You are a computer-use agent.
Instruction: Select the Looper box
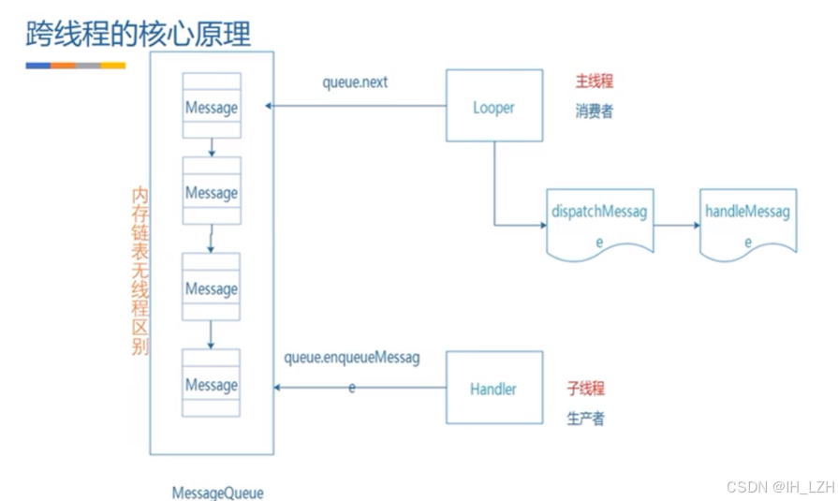point(493,106)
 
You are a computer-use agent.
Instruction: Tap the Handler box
point(493,388)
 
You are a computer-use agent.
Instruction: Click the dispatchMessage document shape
point(600,221)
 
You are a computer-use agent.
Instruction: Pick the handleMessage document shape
point(748,221)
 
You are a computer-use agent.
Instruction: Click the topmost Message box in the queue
point(212,107)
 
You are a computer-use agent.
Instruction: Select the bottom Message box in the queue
point(212,384)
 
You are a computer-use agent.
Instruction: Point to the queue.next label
point(355,82)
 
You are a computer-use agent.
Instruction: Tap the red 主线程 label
point(594,81)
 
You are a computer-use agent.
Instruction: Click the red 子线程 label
point(586,388)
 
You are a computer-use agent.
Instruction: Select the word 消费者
point(594,111)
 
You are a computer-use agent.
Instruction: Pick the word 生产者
point(586,418)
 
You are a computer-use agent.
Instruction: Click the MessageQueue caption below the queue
point(217,493)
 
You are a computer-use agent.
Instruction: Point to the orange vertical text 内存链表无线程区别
point(140,271)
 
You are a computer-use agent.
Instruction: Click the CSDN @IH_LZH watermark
point(779,487)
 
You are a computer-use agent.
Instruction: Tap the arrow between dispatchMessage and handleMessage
point(676,225)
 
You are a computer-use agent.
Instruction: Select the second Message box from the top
point(212,192)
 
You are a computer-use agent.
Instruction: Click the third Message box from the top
point(212,288)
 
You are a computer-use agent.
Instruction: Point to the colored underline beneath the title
point(75,66)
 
